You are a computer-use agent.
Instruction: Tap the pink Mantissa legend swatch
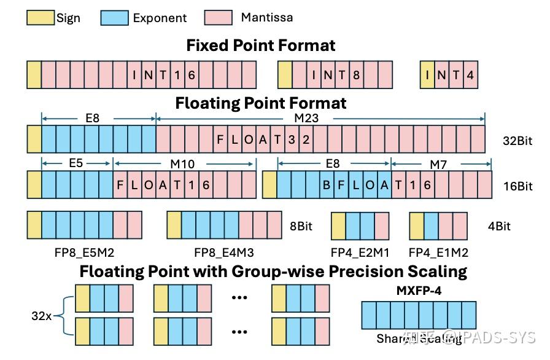pos(218,17)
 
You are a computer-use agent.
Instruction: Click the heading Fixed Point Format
pos(261,45)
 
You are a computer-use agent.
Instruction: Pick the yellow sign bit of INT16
pos(34,75)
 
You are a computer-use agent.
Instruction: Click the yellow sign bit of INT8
pos(284,75)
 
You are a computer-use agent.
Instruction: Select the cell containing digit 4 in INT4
pos(470,75)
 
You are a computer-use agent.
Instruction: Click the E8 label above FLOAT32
pos(92,118)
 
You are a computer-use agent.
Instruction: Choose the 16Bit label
pos(517,186)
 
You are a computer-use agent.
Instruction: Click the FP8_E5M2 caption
pos(85,252)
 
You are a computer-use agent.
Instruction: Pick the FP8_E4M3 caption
pos(224,252)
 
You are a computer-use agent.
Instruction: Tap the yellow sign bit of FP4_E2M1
pos(338,225)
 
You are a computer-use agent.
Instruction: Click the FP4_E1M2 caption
pos(438,252)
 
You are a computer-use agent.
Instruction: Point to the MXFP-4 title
pos(419,291)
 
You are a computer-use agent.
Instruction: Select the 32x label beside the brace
pos(42,317)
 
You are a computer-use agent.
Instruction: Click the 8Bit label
pos(301,226)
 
